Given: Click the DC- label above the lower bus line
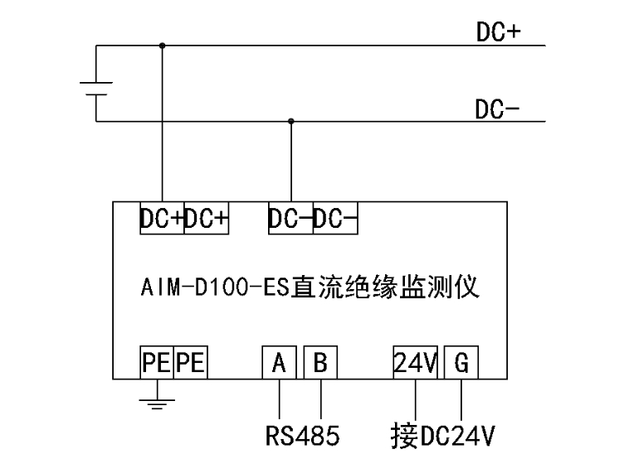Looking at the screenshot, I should (497, 109).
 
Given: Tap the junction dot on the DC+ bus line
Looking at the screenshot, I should (162, 46).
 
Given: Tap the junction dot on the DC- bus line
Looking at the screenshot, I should (290, 121).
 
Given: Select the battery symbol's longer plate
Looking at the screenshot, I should (96, 83).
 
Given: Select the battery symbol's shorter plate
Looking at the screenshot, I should (96, 95).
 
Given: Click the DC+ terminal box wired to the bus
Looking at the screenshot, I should (161, 219).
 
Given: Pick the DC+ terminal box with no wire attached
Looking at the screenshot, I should (206, 219).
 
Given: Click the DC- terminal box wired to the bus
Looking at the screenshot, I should (290, 219).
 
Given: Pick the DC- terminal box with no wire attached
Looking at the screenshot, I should (336, 219).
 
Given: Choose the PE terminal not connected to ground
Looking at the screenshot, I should (192, 362).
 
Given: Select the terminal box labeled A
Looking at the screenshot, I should (280, 362).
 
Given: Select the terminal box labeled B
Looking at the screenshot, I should (320, 362).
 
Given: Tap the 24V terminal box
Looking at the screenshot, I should (414, 362).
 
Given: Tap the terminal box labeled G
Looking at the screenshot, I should (461, 362).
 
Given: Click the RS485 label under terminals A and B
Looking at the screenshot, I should (302, 434).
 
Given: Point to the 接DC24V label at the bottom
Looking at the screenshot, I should (444, 434).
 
